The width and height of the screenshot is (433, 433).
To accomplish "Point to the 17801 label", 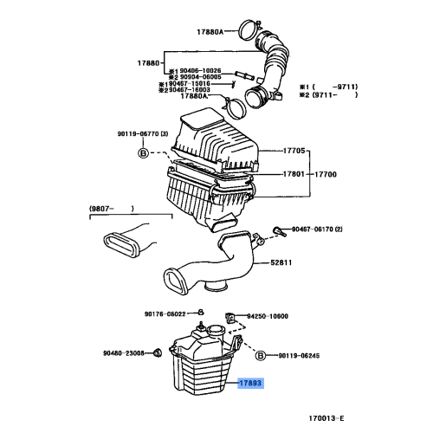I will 294,174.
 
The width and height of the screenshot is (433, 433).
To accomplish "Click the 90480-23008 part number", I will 123,352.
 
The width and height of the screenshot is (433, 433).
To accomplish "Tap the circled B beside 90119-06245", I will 259,355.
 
